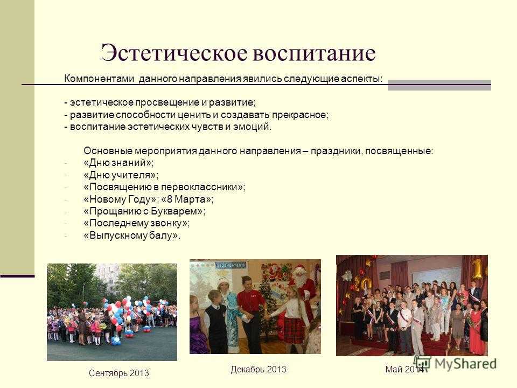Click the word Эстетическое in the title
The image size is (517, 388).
(174, 53)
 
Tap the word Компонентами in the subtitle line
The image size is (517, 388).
(99, 79)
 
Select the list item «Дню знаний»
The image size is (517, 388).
(119, 163)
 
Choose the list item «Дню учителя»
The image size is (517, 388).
(121, 175)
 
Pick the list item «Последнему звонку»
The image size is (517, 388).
(137, 223)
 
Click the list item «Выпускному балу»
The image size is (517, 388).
(132, 235)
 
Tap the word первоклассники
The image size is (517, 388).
(200, 188)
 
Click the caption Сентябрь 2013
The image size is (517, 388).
(118, 373)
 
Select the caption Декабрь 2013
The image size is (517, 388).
(258, 369)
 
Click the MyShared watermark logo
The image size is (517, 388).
(455, 363)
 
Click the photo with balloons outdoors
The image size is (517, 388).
(112, 312)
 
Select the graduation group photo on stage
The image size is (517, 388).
(412, 306)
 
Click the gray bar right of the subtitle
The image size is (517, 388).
(439, 85)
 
